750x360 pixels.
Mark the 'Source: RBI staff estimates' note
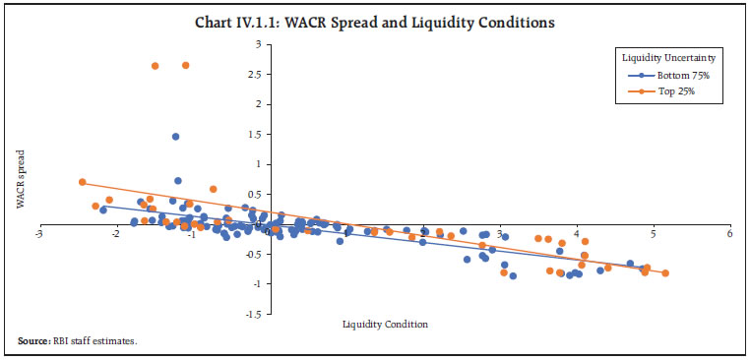coord(77,340)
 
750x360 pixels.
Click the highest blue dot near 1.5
coord(175,137)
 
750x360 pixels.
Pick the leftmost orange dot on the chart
coord(82,182)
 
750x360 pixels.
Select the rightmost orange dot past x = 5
coord(665,273)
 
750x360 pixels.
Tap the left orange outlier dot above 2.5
coord(155,66)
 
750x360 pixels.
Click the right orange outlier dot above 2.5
coord(186,65)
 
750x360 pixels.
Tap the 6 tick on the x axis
coord(729,234)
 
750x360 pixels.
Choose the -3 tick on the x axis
coord(38,234)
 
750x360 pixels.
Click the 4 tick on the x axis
coord(577,234)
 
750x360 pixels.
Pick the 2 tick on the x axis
coord(423,234)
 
